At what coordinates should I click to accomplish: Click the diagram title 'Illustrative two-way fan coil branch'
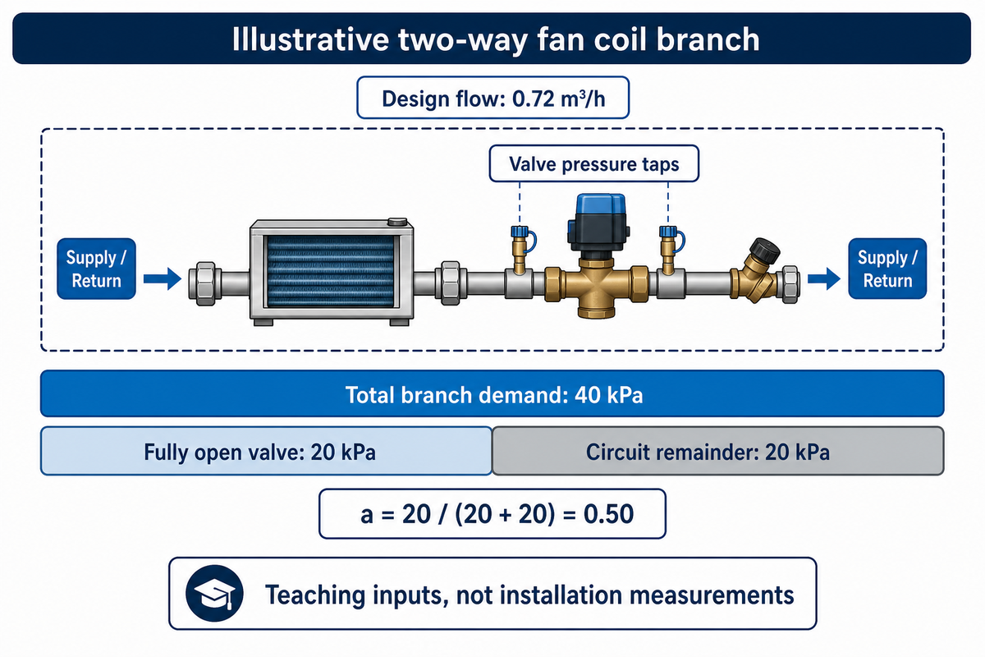pos(496,39)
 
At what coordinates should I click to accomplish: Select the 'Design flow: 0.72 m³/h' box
pos(493,98)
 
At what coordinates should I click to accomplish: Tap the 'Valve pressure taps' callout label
pos(594,163)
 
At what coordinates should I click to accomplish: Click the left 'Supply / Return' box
pos(96,269)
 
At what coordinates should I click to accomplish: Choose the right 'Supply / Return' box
pos(887,269)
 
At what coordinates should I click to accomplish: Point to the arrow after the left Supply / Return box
pos(163,278)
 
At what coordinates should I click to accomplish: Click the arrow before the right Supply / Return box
pos(823,278)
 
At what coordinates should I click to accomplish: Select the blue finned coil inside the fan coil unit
pos(330,271)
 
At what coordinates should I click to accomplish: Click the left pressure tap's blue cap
pos(520,232)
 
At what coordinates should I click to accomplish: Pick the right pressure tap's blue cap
pos(668,232)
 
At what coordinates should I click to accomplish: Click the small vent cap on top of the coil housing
pos(397,221)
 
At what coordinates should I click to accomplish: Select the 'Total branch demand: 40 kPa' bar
pos(492,393)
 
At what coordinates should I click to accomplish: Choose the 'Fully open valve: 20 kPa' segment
pos(266,451)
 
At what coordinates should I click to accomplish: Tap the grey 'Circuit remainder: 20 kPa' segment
pos(718,451)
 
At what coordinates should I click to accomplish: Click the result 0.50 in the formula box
pos(608,513)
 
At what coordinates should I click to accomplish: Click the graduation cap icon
pos(214,593)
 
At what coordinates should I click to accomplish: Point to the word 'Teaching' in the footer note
pos(315,595)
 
